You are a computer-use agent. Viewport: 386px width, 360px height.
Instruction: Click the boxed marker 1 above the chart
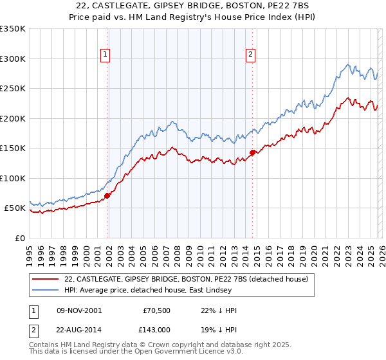point(105,55)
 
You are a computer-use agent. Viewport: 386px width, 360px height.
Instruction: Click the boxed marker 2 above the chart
point(250,55)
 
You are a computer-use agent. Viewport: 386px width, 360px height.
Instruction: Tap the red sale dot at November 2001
point(107,195)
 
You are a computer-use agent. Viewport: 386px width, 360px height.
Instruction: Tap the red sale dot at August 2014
point(252,152)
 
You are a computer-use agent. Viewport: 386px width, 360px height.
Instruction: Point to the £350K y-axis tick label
point(13,29)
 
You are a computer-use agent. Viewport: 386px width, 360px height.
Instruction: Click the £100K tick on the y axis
point(13,178)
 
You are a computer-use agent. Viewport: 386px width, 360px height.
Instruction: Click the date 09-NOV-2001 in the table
point(78,310)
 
